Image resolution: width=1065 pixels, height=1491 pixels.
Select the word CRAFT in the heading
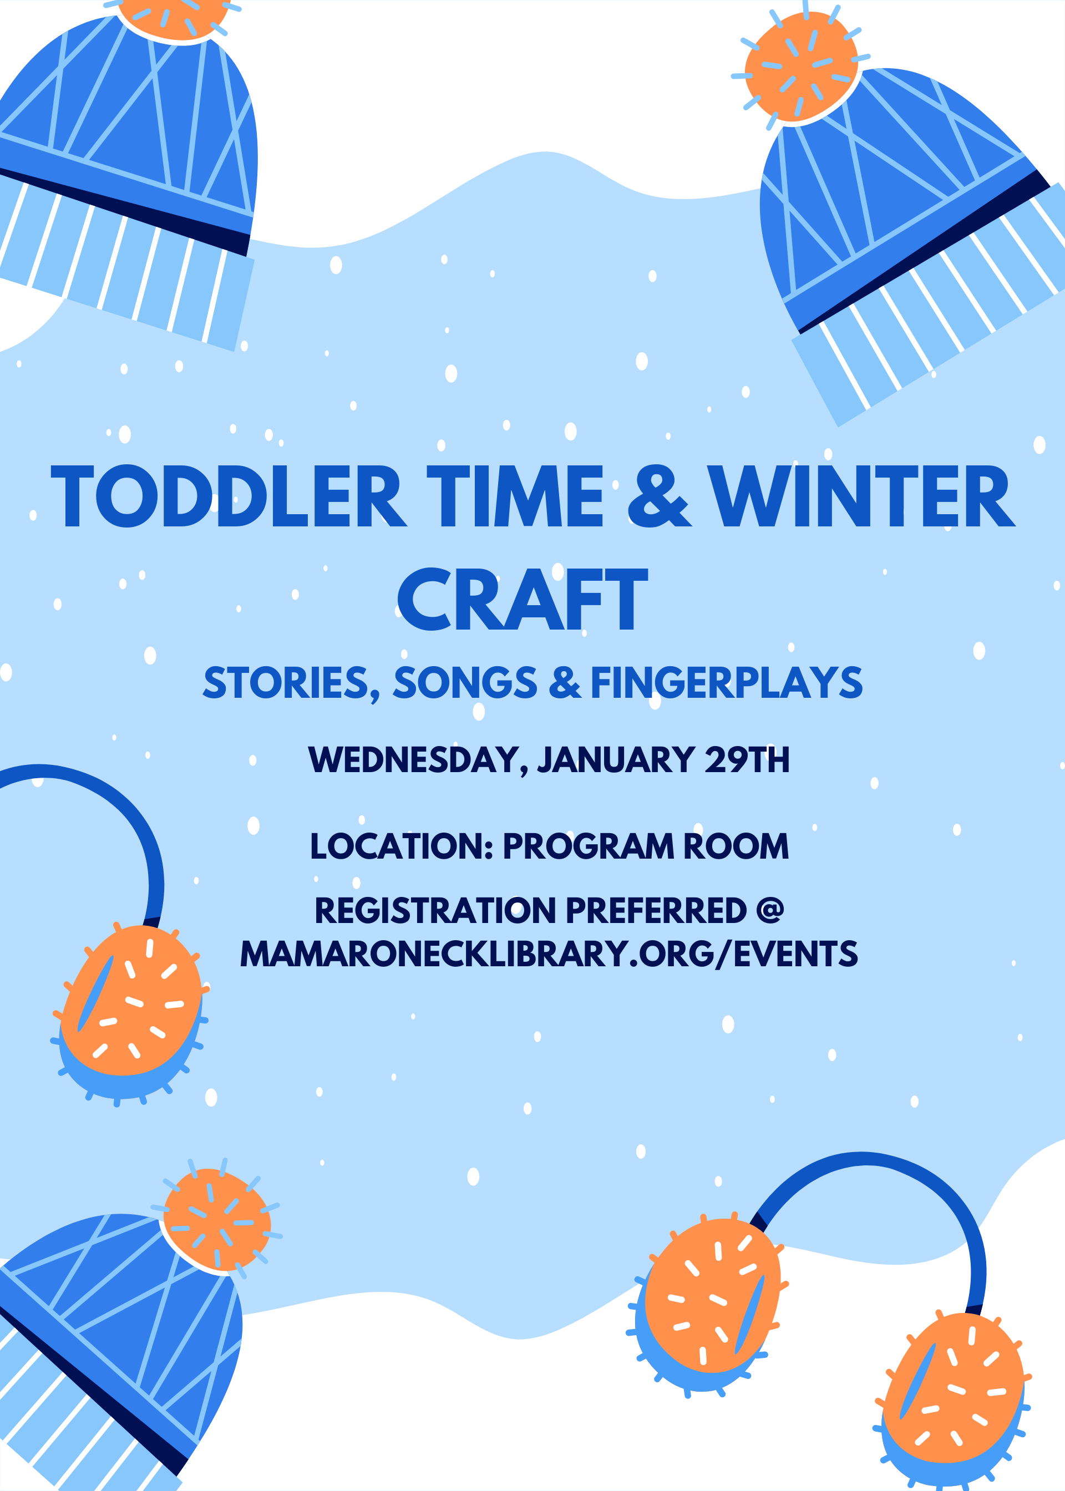pyautogui.click(x=523, y=599)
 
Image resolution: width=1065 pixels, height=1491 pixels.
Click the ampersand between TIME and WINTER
pyautogui.click(x=658, y=496)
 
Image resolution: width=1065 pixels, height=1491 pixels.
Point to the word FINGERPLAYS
pyautogui.click(x=727, y=683)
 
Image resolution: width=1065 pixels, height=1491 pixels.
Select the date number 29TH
pyautogui.click(x=747, y=759)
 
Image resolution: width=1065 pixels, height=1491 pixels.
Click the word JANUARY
pyautogui.click(x=616, y=759)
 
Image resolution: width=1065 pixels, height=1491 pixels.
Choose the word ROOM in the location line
pyautogui.click(x=736, y=846)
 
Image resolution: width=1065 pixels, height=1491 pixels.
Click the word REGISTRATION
pyautogui.click(x=435, y=910)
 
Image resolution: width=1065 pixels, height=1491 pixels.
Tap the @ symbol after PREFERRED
pyautogui.click(x=770, y=910)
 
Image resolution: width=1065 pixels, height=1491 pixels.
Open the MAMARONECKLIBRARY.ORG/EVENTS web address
pyautogui.click(x=549, y=954)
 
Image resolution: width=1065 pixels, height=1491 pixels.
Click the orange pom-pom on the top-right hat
pyautogui.click(x=801, y=67)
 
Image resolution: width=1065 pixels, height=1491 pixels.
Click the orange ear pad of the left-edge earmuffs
pyautogui.click(x=130, y=1001)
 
